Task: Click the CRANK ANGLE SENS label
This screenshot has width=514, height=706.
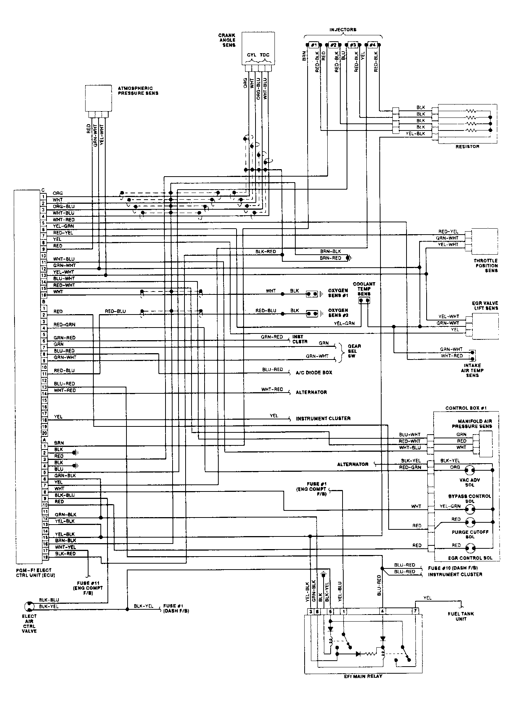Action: (x=227, y=40)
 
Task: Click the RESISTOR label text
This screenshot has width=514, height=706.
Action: (x=468, y=146)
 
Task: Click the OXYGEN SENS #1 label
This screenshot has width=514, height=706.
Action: (x=338, y=293)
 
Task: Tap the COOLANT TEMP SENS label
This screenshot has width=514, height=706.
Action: (x=364, y=288)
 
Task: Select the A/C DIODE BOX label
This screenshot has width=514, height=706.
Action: (x=314, y=373)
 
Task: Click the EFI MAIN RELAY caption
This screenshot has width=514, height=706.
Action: (x=363, y=676)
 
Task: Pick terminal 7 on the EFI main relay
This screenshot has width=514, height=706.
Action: (x=415, y=611)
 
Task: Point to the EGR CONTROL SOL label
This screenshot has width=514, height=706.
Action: (x=470, y=558)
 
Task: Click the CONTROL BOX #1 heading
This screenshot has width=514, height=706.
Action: (x=466, y=408)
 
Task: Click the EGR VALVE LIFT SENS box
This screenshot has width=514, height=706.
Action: (x=485, y=326)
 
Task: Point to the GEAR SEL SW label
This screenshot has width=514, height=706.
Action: (x=352, y=351)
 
